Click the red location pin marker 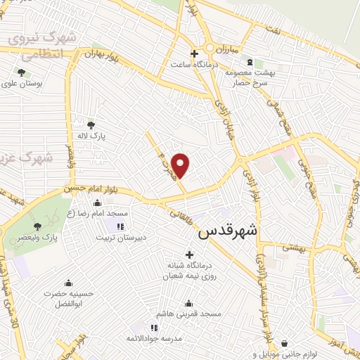pyautogui.click(x=181, y=166)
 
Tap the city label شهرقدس pyautogui.click(x=229, y=232)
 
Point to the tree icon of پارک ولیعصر pyautogui.click(x=36, y=226)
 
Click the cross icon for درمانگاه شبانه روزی pyautogui.click(x=188, y=254)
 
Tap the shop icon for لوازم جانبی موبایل pyautogui.click(x=283, y=343)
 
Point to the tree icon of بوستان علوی pyautogui.click(x=22, y=72)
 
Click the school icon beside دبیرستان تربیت pyautogui.click(x=120, y=226)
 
